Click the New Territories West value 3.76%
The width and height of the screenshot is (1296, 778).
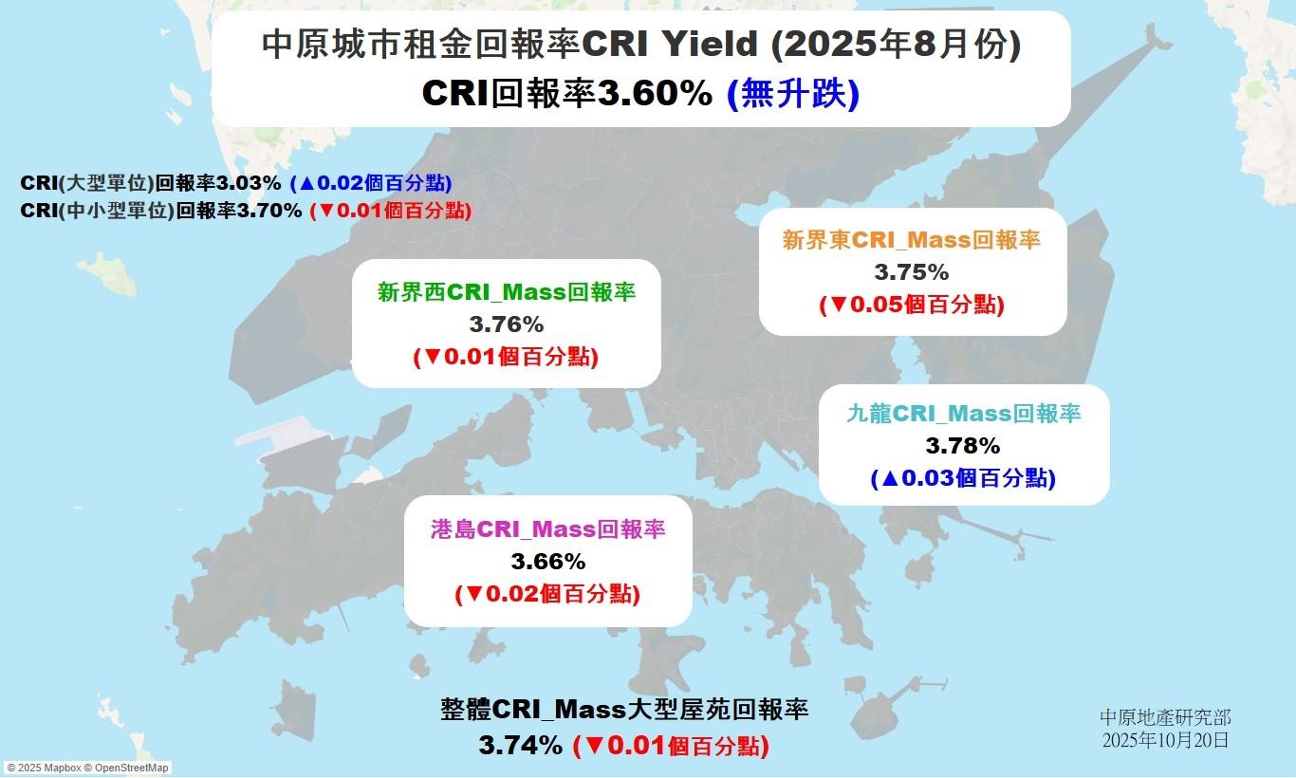tap(507, 324)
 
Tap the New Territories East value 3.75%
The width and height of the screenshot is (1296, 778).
tap(911, 272)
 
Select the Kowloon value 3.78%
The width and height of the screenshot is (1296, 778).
tap(963, 446)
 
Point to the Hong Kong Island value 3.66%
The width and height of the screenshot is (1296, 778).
tap(548, 562)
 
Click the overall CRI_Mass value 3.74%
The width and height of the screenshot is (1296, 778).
tap(520, 746)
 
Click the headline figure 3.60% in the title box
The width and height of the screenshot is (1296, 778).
tap(655, 93)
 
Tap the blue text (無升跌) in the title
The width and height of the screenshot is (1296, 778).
tap(793, 93)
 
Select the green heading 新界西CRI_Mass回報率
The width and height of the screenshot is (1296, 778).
tap(507, 292)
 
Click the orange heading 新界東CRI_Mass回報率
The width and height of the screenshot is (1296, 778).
tap(911, 240)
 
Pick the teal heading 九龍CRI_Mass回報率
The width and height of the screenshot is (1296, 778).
tap(964, 414)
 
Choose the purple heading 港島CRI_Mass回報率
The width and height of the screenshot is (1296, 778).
tap(548, 529)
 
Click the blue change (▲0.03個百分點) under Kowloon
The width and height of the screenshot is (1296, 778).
tap(963, 478)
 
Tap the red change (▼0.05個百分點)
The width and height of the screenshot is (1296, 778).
tap(912, 305)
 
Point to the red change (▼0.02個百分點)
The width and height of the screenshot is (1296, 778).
tap(547, 594)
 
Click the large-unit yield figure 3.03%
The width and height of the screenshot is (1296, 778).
tap(249, 183)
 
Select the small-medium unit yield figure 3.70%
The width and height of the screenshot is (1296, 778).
tap(269, 211)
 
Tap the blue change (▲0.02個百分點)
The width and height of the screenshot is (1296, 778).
tap(371, 183)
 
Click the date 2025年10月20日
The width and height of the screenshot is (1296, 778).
tap(1165, 741)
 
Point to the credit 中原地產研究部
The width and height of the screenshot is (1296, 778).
tap(1165, 718)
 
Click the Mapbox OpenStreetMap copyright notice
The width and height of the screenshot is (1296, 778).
tap(87, 768)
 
